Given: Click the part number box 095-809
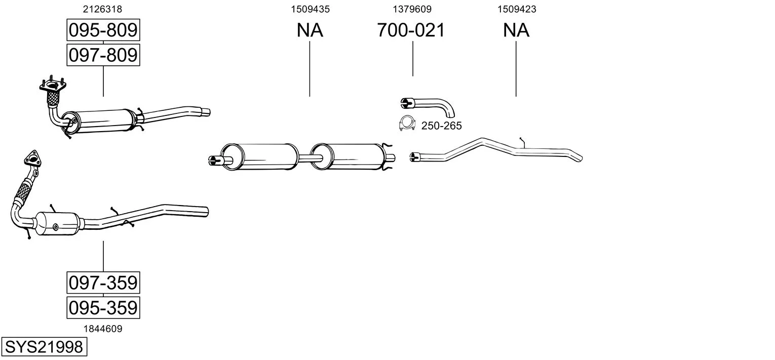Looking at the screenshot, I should (x=103, y=30).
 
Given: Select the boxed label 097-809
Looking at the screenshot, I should (x=103, y=55).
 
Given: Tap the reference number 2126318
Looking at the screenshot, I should (x=103, y=9).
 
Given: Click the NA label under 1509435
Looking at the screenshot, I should (x=309, y=30).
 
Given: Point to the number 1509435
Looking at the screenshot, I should (x=309, y=9).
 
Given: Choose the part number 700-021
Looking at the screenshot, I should (x=411, y=30).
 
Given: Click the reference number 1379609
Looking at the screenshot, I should (x=412, y=9).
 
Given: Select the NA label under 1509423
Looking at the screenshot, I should (x=516, y=30).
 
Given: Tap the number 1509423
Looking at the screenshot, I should (x=516, y=9).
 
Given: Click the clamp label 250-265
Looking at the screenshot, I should (x=441, y=126).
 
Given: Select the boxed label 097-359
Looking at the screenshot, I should (x=103, y=283).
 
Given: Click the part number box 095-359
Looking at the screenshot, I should (x=103, y=307).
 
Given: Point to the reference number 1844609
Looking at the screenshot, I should (x=103, y=329).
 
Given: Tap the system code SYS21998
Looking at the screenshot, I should (x=44, y=347).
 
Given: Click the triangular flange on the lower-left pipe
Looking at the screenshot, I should (x=32, y=158).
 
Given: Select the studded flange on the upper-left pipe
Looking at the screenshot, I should (x=53, y=88).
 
